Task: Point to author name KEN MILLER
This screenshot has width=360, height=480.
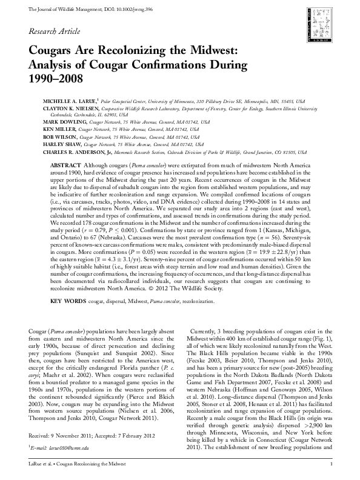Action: (x=57, y=130)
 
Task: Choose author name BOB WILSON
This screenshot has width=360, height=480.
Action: (x=57, y=138)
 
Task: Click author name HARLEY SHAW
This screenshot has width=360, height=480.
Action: (x=59, y=145)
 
